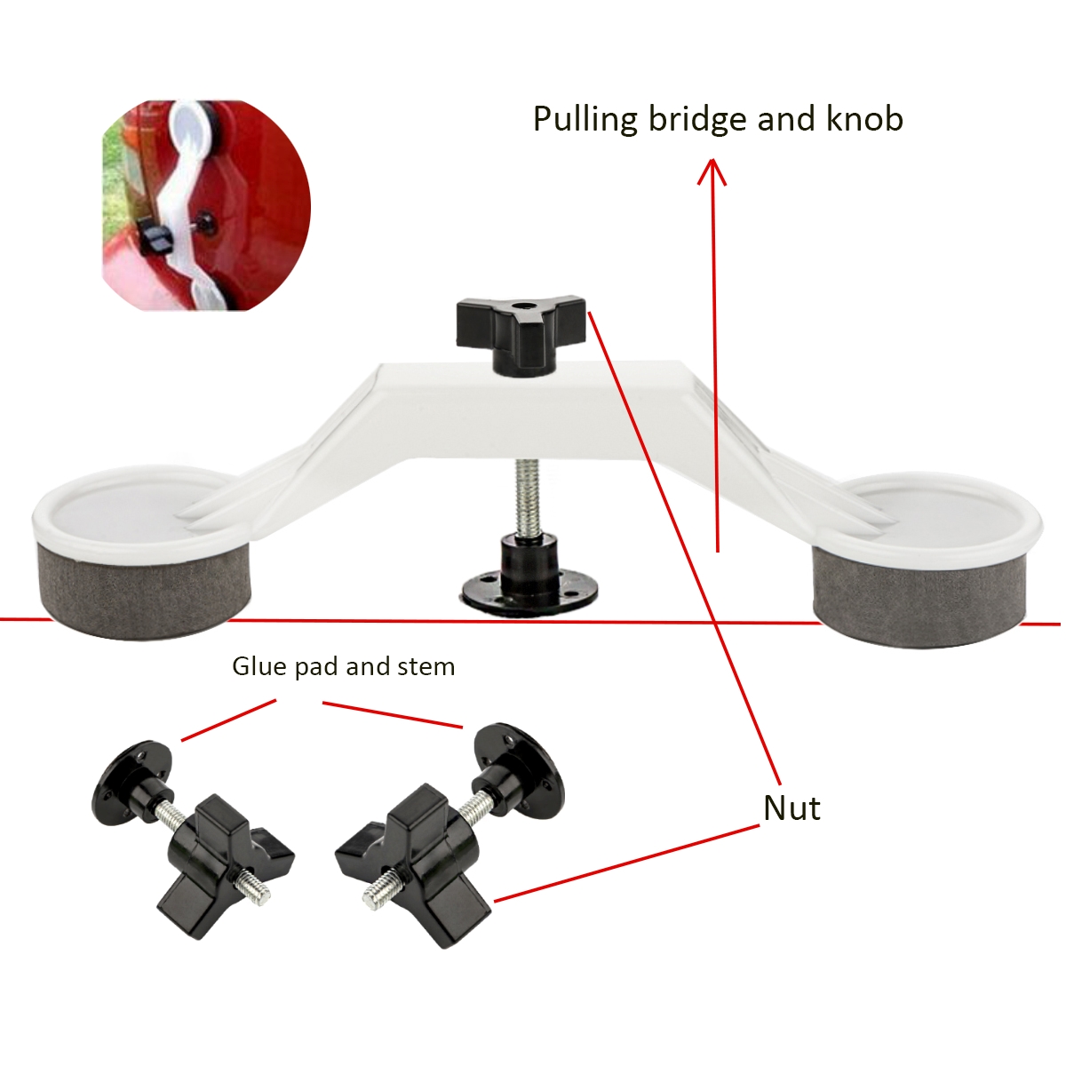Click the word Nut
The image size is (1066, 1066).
[792, 808]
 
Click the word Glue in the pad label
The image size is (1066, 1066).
[259, 666]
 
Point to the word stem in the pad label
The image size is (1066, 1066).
[429, 666]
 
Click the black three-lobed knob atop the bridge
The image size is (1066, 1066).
[521, 336]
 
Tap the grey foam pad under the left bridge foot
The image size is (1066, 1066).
[143, 589]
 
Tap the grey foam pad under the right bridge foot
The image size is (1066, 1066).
[919, 596]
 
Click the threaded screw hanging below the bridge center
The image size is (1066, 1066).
[521, 497]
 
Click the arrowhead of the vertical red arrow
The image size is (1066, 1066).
[712, 171]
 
